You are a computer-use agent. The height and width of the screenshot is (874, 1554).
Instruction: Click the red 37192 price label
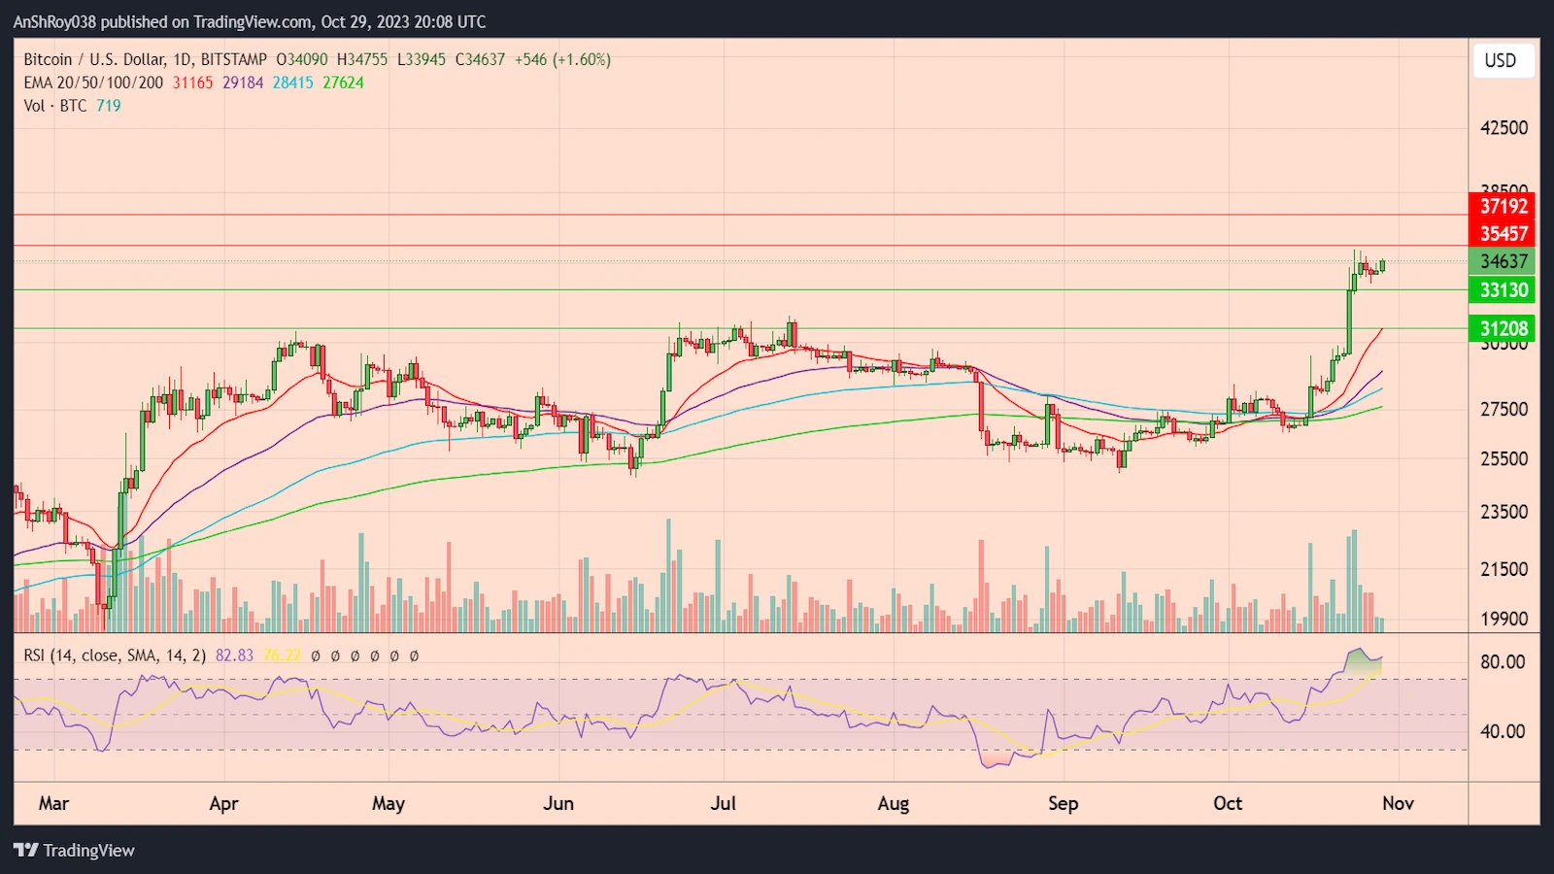click(x=1503, y=206)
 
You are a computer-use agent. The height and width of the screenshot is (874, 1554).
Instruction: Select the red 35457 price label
click(x=1503, y=233)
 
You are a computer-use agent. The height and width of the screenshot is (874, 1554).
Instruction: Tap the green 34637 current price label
click(x=1503, y=261)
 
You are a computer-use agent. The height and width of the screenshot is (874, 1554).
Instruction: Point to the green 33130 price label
click(x=1503, y=289)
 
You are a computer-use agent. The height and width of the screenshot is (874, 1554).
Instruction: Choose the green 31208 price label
click(x=1503, y=328)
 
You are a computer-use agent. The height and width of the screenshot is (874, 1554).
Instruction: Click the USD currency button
click(x=1500, y=60)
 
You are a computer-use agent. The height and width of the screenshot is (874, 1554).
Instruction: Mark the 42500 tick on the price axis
click(x=1503, y=128)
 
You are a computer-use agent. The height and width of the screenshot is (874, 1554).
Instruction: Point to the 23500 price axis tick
click(x=1503, y=512)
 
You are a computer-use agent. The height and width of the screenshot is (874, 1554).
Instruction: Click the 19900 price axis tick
click(x=1503, y=619)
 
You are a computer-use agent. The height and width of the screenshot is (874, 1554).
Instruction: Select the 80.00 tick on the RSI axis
click(x=1502, y=662)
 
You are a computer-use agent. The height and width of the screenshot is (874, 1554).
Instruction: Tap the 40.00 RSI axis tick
click(x=1502, y=731)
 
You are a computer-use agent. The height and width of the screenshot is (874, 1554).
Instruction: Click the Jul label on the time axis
click(x=723, y=803)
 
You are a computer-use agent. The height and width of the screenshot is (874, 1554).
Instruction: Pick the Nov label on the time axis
click(x=1398, y=803)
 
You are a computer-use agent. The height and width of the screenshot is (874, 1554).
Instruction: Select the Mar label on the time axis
click(x=53, y=803)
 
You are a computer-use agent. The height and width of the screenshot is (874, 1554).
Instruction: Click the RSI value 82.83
click(x=234, y=655)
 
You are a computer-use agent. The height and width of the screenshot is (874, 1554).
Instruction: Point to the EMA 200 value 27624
click(x=343, y=83)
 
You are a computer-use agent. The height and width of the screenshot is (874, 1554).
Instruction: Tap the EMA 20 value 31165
click(x=192, y=83)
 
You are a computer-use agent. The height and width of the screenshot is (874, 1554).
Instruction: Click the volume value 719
click(x=108, y=106)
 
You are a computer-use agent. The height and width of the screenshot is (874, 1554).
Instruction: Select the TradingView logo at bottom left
click(x=75, y=850)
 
